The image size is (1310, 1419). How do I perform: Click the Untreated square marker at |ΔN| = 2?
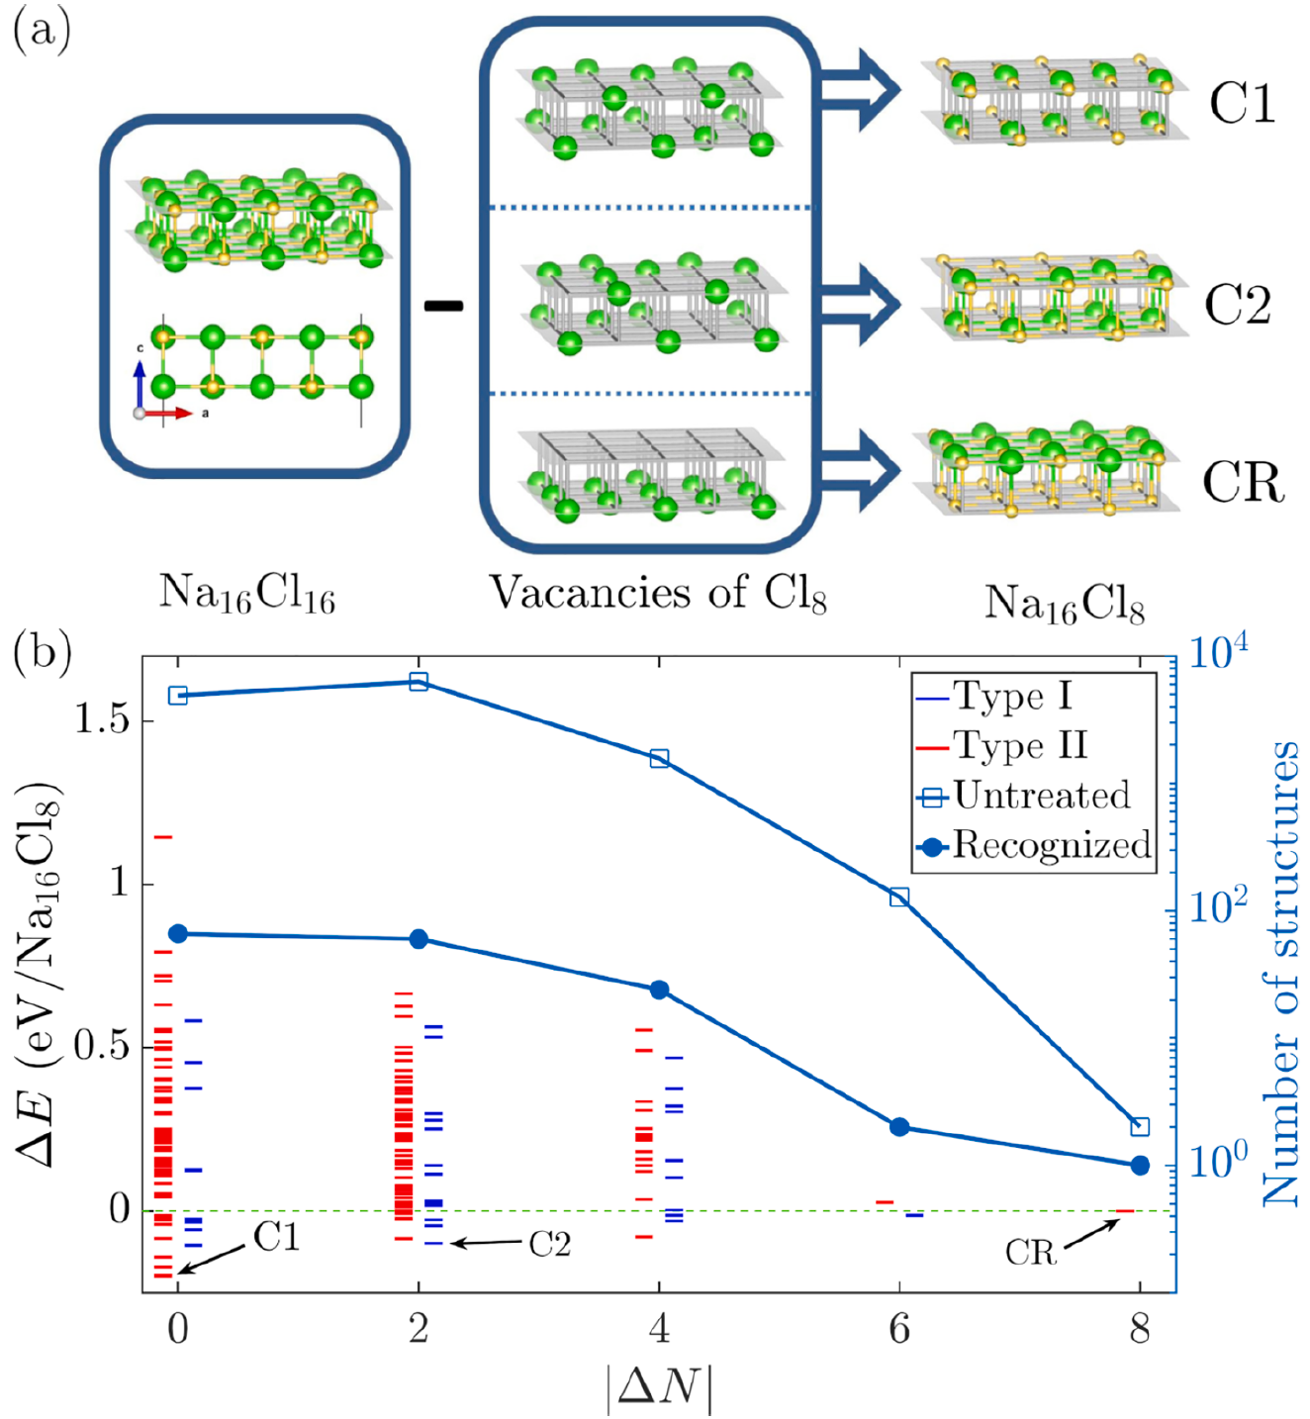419,681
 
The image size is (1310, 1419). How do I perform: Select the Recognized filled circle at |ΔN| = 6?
899,1127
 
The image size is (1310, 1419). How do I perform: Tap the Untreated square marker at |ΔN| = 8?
1140,1127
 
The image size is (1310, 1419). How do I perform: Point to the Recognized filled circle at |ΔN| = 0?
178,934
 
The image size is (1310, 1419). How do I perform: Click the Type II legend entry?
1019,745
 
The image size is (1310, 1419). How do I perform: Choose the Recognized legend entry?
1051,846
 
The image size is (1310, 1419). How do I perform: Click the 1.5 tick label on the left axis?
102,719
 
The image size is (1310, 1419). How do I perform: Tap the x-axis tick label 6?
899,1329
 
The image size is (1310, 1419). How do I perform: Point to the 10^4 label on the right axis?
1218,653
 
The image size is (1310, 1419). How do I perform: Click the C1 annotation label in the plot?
276,1237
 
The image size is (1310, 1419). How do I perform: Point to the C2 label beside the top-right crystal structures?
1238,305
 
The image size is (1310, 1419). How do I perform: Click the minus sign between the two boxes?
443,306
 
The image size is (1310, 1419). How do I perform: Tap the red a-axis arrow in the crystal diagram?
172,413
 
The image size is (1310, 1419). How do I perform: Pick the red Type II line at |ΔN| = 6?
885,1202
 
